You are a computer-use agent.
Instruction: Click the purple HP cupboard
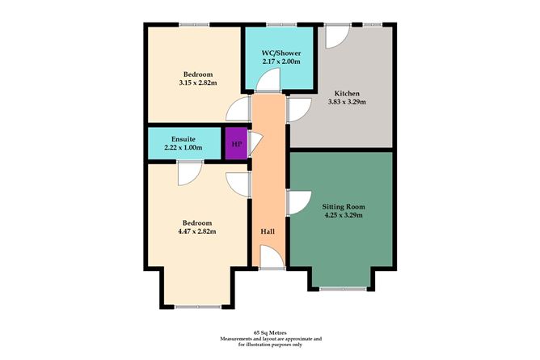(x=237, y=143)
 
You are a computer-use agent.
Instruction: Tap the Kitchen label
(x=347, y=93)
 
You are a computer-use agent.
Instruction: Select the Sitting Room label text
(x=344, y=207)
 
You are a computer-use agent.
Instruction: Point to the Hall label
(x=268, y=231)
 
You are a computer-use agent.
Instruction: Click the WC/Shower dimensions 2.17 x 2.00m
(x=281, y=61)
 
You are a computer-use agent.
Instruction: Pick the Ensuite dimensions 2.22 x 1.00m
(x=184, y=147)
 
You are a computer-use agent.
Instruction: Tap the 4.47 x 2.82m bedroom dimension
(x=197, y=231)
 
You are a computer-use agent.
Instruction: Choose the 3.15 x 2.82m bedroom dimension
(x=198, y=83)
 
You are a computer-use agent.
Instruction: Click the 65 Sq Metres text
(x=270, y=332)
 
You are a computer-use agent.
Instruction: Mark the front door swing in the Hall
(x=272, y=256)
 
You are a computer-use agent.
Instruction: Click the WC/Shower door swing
(x=268, y=80)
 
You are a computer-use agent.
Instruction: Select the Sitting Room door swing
(x=300, y=203)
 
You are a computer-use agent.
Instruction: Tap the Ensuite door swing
(x=190, y=174)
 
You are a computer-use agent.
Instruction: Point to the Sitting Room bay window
(x=343, y=289)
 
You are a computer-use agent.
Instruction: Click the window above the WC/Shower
(x=281, y=24)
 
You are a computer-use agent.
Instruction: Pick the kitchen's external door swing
(x=338, y=36)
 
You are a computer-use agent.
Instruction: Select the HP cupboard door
(x=255, y=143)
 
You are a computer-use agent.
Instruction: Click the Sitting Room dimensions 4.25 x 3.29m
(x=344, y=215)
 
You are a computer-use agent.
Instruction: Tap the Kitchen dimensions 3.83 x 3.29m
(x=347, y=102)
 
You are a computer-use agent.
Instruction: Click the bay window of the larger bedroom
(x=198, y=307)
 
